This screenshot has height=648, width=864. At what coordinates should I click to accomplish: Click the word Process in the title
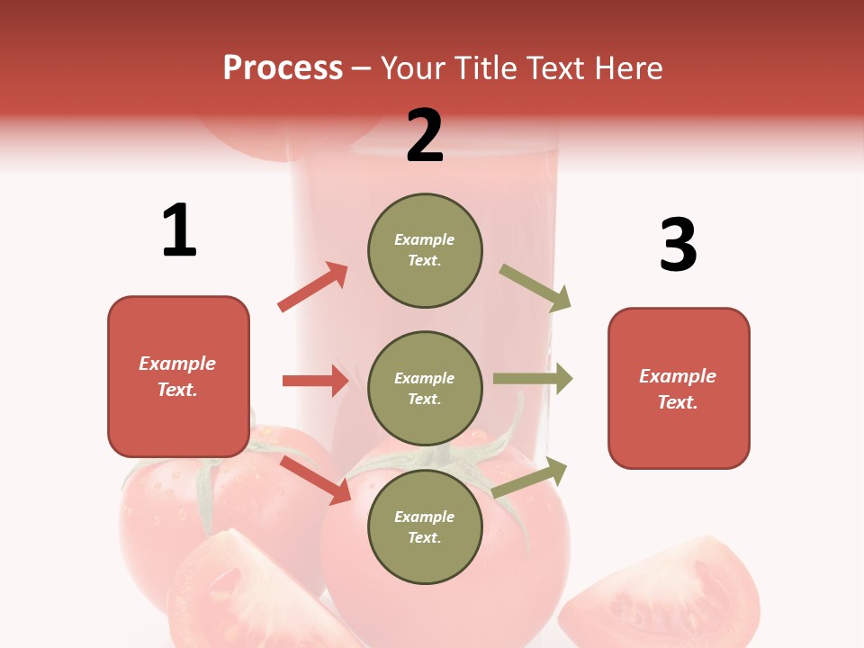coord(283,67)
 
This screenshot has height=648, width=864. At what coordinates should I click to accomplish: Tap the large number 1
coord(179,230)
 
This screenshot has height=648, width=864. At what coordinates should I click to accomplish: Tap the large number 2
coord(425,136)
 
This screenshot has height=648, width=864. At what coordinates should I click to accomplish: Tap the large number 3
coord(678,245)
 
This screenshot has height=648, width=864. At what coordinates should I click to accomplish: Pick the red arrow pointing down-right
coord(315,480)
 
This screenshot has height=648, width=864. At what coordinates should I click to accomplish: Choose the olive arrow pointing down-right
coord(535,288)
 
